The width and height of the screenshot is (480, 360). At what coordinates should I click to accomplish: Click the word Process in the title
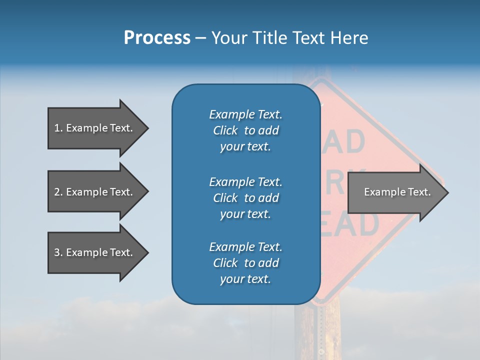click(157, 38)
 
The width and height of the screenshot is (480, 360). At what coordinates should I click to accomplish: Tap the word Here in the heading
click(349, 38)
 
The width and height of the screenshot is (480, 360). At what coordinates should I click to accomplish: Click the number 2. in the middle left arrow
click(58, 192)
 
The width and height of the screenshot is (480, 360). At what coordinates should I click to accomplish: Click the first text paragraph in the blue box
click(245, 130)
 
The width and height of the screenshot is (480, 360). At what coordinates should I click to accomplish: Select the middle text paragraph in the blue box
click(245, 197)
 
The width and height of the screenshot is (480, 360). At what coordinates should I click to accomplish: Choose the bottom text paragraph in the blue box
click(245, 263)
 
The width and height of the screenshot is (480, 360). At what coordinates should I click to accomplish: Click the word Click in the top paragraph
click(225, 130)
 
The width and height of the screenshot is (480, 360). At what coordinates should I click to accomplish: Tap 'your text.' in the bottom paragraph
click(245, 279)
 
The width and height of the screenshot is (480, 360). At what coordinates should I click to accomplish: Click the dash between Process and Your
click(201, 38)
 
